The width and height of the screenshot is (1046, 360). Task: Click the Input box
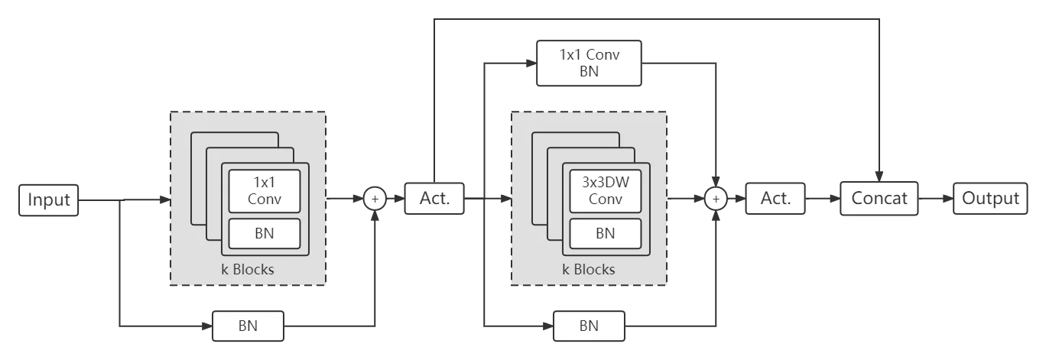pos(49,199)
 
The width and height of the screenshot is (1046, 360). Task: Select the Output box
pos(990,199)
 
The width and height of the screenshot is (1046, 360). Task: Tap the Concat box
pos(879,199)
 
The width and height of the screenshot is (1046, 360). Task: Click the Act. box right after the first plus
pos(434,199)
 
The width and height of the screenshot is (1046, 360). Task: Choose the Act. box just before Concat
pos(775,199)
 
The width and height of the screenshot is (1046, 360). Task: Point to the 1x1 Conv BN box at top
pos(589,63)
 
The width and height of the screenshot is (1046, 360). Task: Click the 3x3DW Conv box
pos(605,191)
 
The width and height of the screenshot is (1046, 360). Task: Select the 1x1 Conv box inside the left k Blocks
pos(265,191)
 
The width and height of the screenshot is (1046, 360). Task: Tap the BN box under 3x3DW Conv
pos(605,233)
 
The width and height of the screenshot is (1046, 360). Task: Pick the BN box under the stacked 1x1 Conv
pos(265,233)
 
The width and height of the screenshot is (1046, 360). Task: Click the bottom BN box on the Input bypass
pos(248,326)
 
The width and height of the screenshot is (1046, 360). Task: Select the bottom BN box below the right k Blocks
pos(589,326)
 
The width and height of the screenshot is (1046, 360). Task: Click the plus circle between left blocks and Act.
pos(375,199)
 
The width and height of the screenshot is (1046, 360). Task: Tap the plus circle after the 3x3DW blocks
pos(716,199)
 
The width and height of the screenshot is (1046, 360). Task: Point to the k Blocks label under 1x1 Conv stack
pos(248,269)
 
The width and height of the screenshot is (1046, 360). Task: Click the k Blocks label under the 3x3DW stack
pos(589,269)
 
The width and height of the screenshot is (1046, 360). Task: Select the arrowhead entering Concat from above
pos(879,176)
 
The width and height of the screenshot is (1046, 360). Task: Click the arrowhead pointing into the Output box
pos(947,199)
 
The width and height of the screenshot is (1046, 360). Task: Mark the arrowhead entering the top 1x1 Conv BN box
pos(531,63)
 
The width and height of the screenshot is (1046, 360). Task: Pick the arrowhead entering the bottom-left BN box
pos(207,326)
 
